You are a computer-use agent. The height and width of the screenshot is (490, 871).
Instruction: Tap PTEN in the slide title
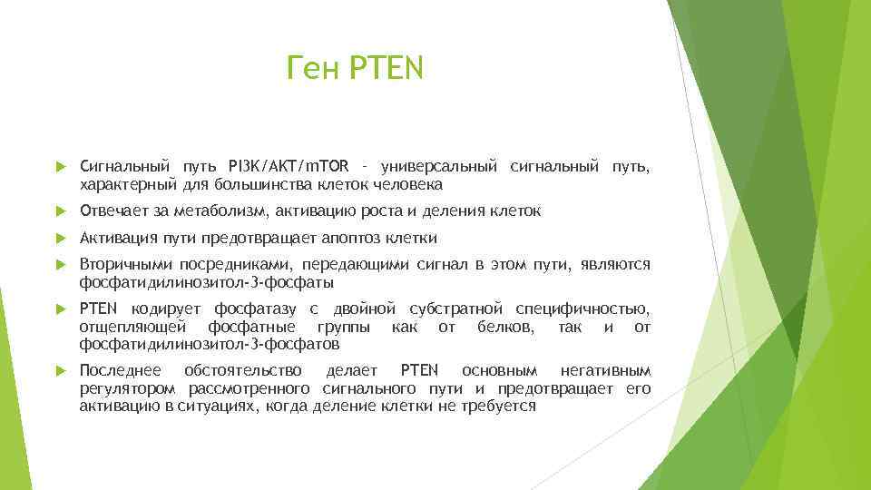[386, 68]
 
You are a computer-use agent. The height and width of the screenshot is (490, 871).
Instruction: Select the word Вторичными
[123, 264]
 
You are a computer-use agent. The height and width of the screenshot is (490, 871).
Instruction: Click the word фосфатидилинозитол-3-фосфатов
[210, 344]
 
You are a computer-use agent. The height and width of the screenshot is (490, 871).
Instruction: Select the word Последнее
[120, 371]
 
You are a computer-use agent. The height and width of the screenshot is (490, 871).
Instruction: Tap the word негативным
[618, 371]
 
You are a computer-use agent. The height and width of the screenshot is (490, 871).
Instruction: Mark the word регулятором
[130, 388]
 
